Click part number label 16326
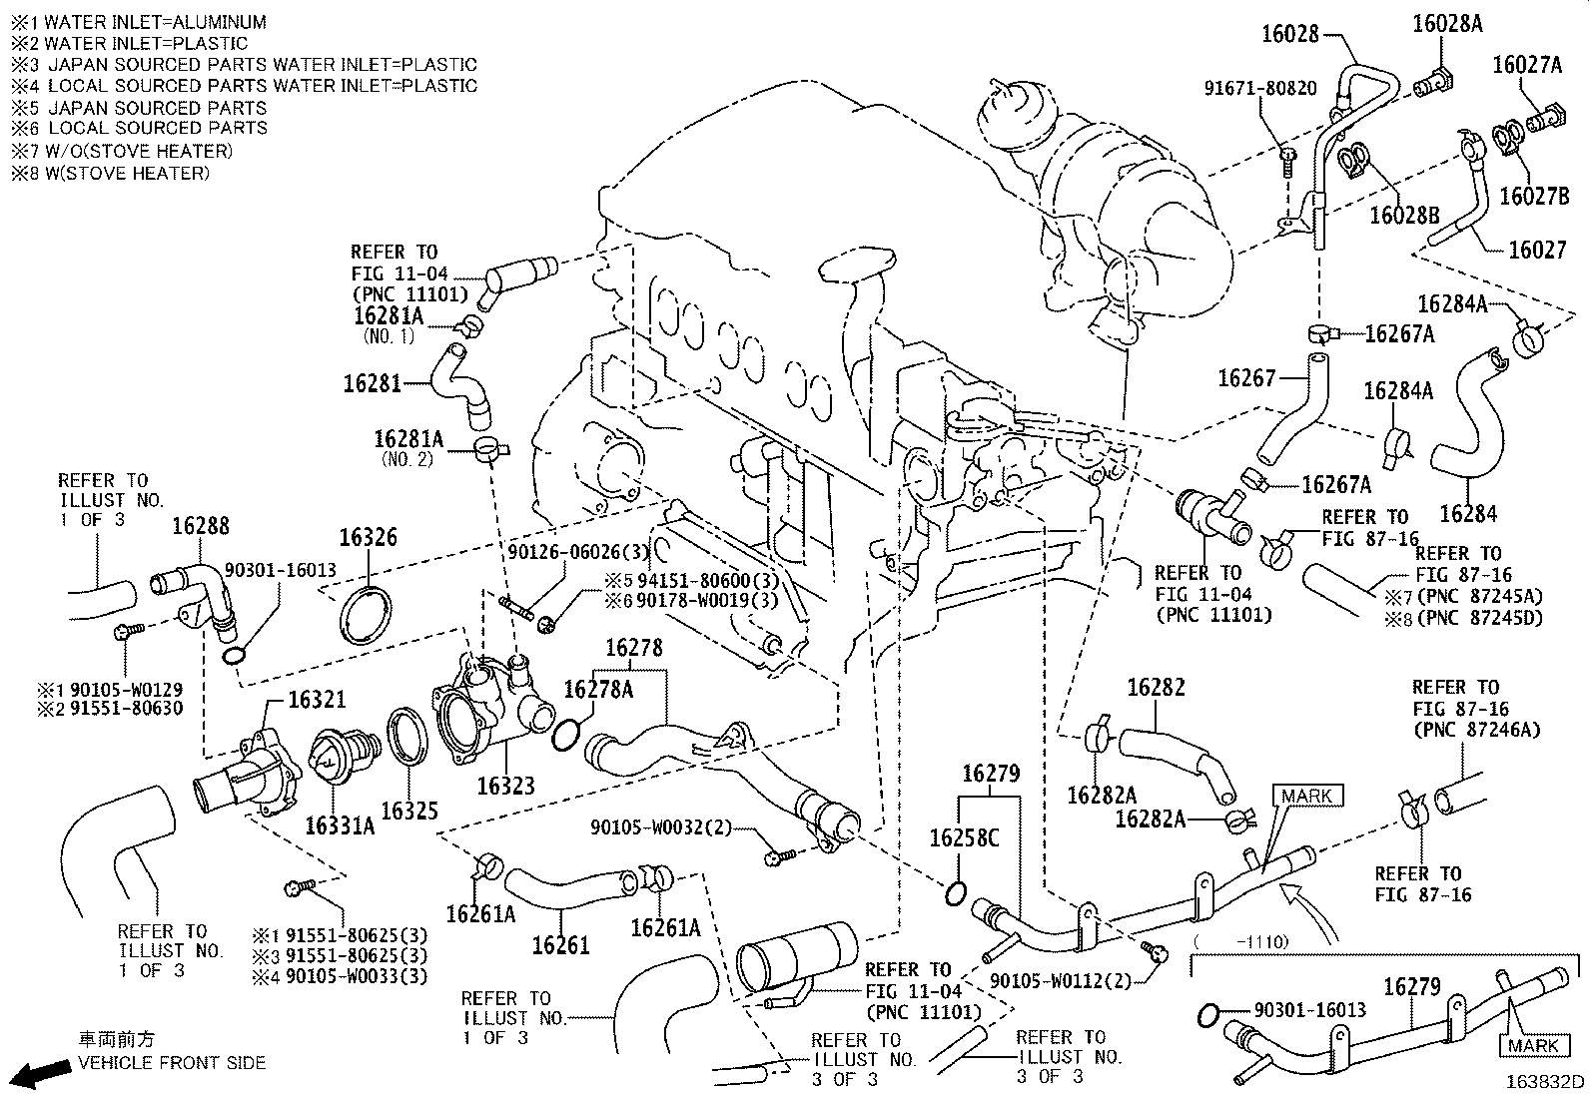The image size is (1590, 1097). pyautogui.click(x=368, y=538)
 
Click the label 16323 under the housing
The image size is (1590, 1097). pyautogui.click(x=505, y=786)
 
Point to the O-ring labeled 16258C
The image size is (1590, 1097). pyautogui.click(x=955, y=893)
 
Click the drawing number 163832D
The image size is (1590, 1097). pyautogui.click(x=1545, y=1082)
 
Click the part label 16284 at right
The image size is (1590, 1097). pyautogui.click(x=1468, y=513)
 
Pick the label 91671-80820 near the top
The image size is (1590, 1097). pyautogui.click(x=1259, y=88)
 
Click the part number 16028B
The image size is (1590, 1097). pyautogui.click(x=1404, y=215)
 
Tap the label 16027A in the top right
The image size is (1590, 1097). pyautogui.click(x=1527, y=66)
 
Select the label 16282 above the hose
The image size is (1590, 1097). pyautogui.click(x=1156, y=688)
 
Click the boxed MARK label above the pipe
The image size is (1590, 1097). pyautogui.click(x=1306, y=796)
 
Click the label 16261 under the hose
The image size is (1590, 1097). pyautogui.click(x=560, y=944)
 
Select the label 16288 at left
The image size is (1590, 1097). pyautogui.click(x=200, y=526)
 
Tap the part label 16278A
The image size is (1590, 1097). pyautogui.click(x=598, y=689)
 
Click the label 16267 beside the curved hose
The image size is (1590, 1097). pyautogui.click(x=1246, y=377)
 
